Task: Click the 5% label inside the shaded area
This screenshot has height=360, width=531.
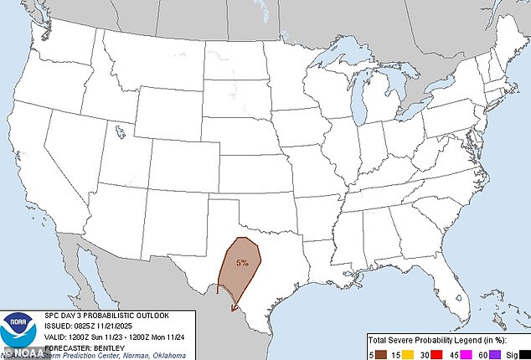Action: [242, 263]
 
